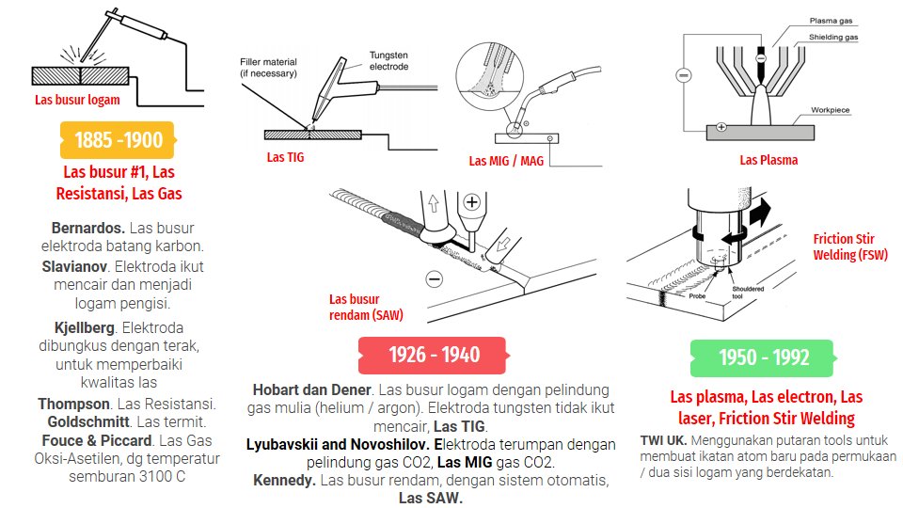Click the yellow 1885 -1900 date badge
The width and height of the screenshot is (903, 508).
coord(119,140)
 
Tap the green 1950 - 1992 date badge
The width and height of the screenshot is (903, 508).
coord(763,357)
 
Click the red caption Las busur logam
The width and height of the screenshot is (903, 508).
coord(77,100)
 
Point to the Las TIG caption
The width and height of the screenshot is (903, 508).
coord(285,157)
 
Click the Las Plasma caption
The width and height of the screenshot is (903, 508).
coord(768,160)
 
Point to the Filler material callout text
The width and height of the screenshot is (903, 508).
coord(268,67)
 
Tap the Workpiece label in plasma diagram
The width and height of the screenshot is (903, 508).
coord(830,110)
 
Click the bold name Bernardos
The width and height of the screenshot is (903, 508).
coord(88,228)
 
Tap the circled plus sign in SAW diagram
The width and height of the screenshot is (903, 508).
coord(471,201)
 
